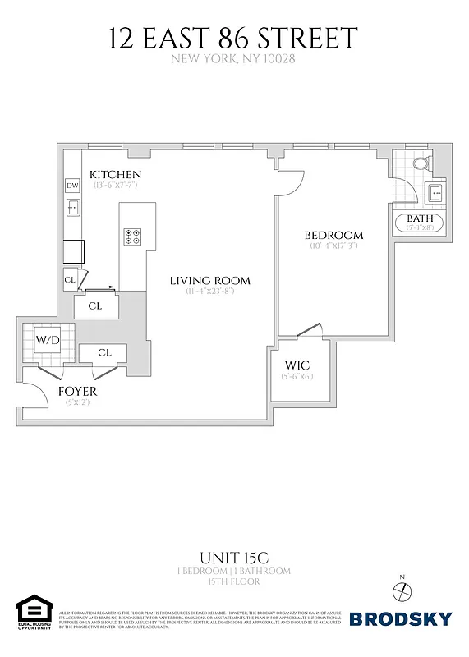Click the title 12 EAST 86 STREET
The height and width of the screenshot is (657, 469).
pos(234,39)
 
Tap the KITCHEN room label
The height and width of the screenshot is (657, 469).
pos(116,175)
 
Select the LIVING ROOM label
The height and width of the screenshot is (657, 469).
pos(210,281)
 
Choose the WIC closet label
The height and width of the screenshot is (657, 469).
pos(296,365)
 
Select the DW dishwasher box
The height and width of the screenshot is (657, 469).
pos(72,186)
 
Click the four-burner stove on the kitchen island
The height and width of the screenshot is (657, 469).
pos(131,237)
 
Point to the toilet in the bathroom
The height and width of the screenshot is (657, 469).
pos(421,163)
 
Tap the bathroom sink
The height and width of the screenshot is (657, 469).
pos(435,195)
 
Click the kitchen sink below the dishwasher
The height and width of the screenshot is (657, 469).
pos(72,208)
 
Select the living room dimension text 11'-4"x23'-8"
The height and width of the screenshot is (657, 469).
pos(210,292)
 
